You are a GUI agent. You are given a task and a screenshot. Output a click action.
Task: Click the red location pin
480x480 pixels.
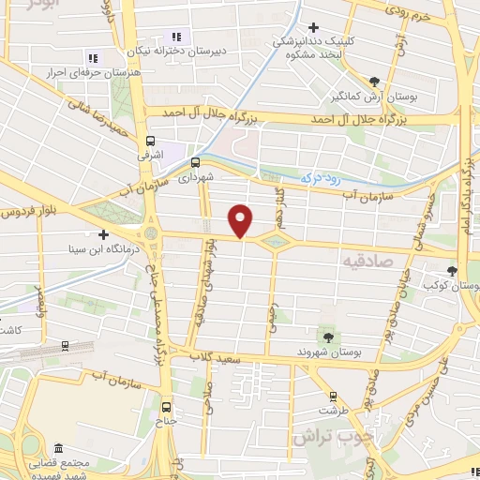tap(242, 219)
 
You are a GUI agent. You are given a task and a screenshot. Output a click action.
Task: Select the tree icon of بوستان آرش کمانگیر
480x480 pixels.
tap(375, 81)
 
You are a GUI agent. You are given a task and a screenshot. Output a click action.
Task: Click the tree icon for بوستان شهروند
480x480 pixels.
tap(327, 336)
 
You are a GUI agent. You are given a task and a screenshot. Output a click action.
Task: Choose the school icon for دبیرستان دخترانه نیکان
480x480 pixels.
tap(176, 37)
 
